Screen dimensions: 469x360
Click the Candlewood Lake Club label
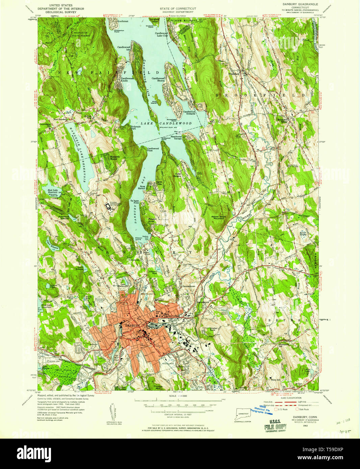coord(161,34)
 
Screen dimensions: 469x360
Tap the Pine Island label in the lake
coord(155,103)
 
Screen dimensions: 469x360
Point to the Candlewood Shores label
coord(158,80)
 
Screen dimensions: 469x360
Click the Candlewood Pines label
coord(153,149)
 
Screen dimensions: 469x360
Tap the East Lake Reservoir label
coord(53,191)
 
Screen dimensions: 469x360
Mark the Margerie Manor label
coord(113,158)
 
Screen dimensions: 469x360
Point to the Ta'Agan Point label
coord(135,202)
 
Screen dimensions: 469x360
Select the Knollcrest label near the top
coord(122,21)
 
